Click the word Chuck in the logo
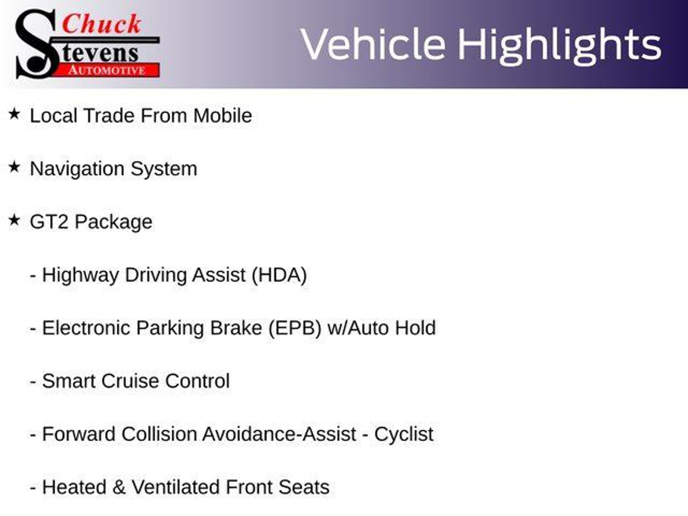pos(102,24)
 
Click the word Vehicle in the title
pos(373,44)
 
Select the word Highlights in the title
pos(560,46)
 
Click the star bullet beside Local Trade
pos(14,114)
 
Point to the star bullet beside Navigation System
pos(14,167)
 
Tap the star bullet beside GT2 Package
pos(14,220)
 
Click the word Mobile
pos(222,116)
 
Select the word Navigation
pos(77,169)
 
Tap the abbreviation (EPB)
pos(295,328)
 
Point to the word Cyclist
pos(404,434)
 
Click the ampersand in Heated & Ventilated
pos(119,487)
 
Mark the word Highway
pos(81,275)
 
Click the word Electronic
pos(86,328)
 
